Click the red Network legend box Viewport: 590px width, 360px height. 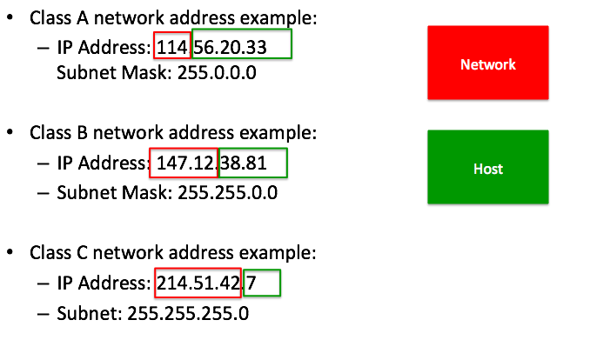click(x=488, y=63)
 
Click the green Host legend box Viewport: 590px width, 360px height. click(x=488, y=167)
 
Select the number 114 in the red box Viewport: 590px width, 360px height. click(x=172, y=48)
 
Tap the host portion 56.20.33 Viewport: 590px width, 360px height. click(x=230, y=48)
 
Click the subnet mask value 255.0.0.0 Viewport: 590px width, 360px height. click(x=217, y=72)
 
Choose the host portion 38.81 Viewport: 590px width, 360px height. click(x=244, y=163)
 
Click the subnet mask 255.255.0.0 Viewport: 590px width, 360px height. click(x=228, y=192)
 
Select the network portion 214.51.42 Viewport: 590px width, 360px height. click(x=198, y=283)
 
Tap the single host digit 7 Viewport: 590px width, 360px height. click(x=251, y=283)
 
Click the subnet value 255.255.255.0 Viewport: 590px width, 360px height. click(x=188, y=313)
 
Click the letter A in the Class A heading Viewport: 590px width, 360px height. click(x=83, y=18)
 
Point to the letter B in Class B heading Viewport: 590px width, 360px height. click(x=82, y=133)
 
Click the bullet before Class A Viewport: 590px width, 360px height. click(x=10, y=17)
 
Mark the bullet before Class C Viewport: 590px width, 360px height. click(x=10, y=251)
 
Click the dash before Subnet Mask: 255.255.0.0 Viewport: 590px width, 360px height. click(x=44, y=193)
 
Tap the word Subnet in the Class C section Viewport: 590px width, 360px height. click(x=90, y=313)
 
